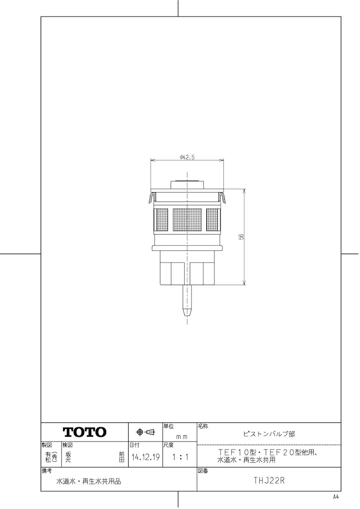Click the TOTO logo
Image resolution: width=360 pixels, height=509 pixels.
click(x=84, y=432)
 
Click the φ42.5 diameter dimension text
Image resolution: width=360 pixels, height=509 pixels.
click(x=187, y=157)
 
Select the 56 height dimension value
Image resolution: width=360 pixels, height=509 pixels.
click(x=241, y=237)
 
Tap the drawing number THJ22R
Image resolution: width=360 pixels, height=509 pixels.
click(x=269, y=481)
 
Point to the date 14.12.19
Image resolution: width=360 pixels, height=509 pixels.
click(x=146, y=457)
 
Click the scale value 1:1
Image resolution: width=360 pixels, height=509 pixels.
click(x=180, y=457)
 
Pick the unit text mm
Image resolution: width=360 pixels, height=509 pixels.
click(x=182, y=436)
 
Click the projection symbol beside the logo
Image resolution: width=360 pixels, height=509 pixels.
click(x=145, y=432)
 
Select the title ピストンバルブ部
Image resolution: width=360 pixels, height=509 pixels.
click(x=269, y=434)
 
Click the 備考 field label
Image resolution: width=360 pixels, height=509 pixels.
click(x=47, y=471)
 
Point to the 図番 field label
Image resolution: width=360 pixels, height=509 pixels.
click(x=202, y=471)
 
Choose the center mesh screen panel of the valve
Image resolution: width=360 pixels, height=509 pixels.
click(x=187, y=220)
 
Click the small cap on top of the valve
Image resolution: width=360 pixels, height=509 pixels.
click(x=187, y=185)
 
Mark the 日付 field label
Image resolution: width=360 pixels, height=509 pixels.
click(x=134, y=445)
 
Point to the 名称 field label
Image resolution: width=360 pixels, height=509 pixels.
click(x=202, y=426)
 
